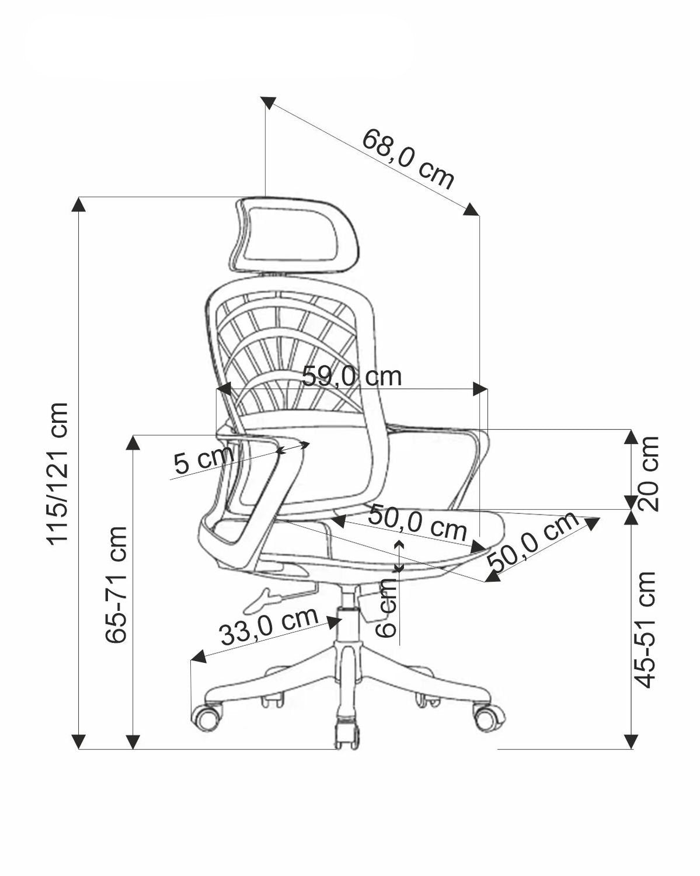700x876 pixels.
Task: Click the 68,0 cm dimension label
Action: (408, 159)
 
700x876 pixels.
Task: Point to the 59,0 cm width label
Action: (351, 376)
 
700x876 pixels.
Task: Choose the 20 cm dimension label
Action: (648, 473)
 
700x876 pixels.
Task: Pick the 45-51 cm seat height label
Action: (645, 630)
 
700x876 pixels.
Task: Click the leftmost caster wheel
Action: (207, 716)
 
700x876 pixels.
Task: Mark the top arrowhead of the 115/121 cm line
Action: (79, 204)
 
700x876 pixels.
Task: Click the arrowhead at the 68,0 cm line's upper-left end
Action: (268, 103)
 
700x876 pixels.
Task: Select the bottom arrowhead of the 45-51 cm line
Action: (630, 742)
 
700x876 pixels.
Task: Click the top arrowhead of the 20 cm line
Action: (630, 436)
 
